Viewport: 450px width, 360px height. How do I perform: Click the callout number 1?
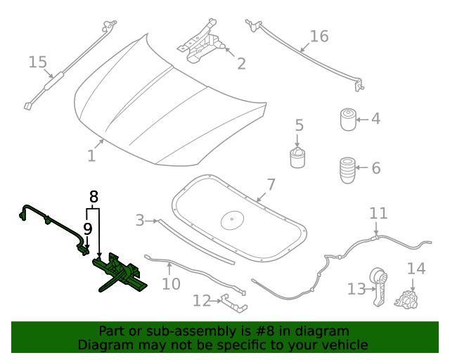91,155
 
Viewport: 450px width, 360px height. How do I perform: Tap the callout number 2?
241,64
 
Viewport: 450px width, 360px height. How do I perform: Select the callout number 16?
319,36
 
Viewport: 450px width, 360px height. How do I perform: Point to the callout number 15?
37,63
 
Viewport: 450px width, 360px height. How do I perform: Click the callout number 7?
271,185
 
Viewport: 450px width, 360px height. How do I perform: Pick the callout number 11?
378,213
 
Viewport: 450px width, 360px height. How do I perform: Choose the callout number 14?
416,269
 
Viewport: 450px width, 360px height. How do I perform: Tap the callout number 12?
201,301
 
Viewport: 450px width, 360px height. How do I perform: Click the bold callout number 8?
94,196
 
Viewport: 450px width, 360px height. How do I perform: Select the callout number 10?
171,284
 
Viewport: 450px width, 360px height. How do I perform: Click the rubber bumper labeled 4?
348,119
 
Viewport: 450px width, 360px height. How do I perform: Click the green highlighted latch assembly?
120,274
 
